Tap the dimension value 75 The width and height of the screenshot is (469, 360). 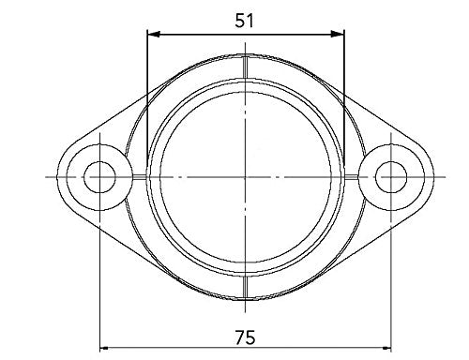pos(245,335)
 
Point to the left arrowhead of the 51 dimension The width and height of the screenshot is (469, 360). pos(151,35)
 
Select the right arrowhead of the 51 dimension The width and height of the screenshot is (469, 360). pos(340,35)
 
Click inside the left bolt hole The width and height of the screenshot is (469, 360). pos(98,176)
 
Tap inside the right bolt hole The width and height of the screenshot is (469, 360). pos(392,176)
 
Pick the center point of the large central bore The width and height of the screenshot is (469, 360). pos(245,176)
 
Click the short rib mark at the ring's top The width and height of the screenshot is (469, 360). pos(245,67)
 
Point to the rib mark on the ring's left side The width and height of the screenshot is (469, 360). pos(137,176)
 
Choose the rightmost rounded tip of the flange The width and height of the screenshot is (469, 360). pos(432,176)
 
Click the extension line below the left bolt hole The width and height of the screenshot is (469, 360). pos(99,281)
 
